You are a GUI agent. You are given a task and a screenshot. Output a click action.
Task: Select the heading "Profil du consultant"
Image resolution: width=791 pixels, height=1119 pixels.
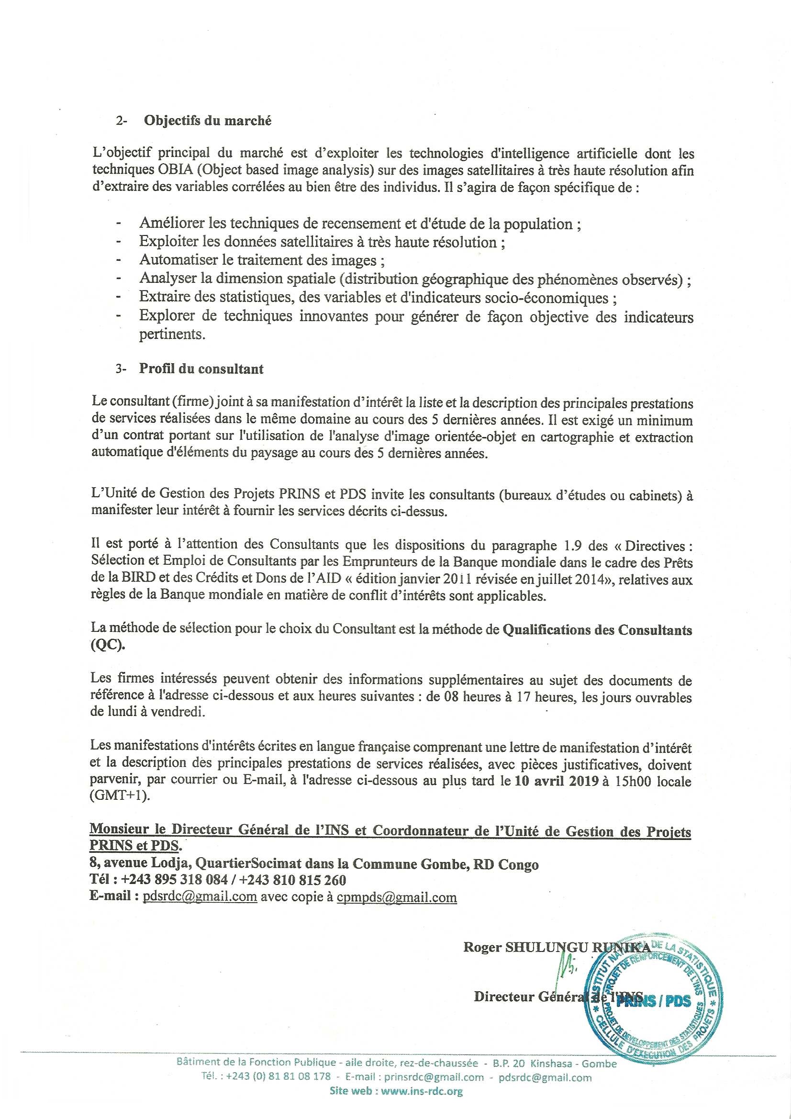pyautogui.click(x=201, y=369)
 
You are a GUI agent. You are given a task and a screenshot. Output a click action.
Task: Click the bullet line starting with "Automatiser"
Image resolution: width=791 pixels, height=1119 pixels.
pyautogui.click(x=262, y=260)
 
